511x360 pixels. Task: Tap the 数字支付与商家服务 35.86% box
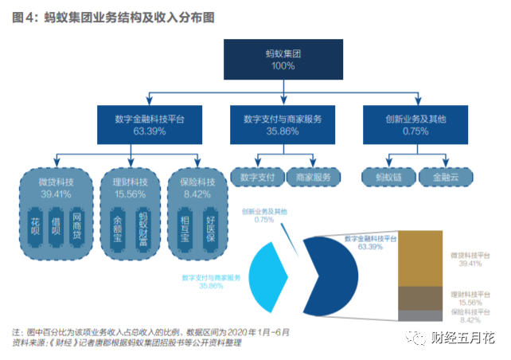pos(283,125)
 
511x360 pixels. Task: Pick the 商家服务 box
pos(311,176)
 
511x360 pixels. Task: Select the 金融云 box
pos(443,176)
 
